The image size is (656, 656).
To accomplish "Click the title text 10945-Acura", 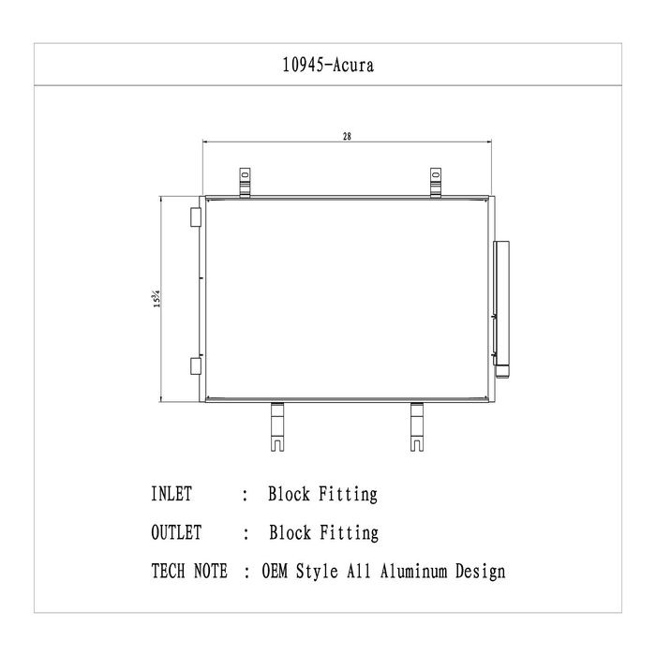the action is [328, 66].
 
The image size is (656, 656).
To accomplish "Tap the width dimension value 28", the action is [347, 137].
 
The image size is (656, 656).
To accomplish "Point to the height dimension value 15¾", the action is [157, 299].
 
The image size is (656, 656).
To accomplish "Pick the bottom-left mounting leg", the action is [277, 426].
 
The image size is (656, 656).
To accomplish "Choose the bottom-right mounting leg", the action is [417, 426].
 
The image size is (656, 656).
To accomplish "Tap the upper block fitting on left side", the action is [195, 217].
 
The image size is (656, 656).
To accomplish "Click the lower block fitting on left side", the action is [195, 365].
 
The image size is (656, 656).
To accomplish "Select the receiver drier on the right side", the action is [501, 309].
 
